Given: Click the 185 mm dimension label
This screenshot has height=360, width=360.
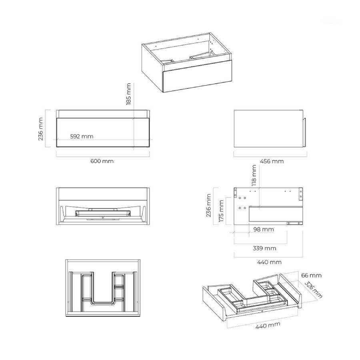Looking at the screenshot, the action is click(x=128, y=94).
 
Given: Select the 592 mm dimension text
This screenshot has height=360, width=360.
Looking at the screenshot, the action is click(x=82, y=136).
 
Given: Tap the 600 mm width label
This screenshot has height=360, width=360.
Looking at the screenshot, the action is click(x=102, y=161).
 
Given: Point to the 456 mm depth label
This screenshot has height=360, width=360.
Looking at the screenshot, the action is click(x=272, y=162).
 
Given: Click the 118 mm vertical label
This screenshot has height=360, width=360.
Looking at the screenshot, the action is click(x=254, y=176).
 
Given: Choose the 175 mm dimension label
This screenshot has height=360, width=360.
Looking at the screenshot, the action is click(x=221, y=211).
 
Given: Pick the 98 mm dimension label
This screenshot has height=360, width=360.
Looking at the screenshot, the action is click(x=264, y=229).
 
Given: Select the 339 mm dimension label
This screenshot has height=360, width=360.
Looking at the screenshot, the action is click(x=264, y=248).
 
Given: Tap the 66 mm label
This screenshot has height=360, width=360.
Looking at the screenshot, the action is click(x=311, y=275).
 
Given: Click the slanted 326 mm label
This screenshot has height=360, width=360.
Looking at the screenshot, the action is click(x=313, y=290).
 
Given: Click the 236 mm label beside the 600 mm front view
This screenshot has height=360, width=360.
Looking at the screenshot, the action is click(x=41, y=129).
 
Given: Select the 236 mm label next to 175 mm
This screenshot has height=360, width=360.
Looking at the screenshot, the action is click(x=208, y=206).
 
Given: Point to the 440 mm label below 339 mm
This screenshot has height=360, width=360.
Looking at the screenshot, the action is click(x=269, y=262).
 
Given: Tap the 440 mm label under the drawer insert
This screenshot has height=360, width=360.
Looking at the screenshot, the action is click(x=268, y=325).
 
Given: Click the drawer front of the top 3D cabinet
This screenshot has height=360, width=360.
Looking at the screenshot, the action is click(x=197, y=76).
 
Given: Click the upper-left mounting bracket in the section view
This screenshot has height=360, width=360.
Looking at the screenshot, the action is click(x=235, y=193).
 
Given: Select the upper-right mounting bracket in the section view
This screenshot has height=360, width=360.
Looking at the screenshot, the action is click(x=301, y=194).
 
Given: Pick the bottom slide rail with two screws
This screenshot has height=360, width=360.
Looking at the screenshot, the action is click(x=294, y=223).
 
